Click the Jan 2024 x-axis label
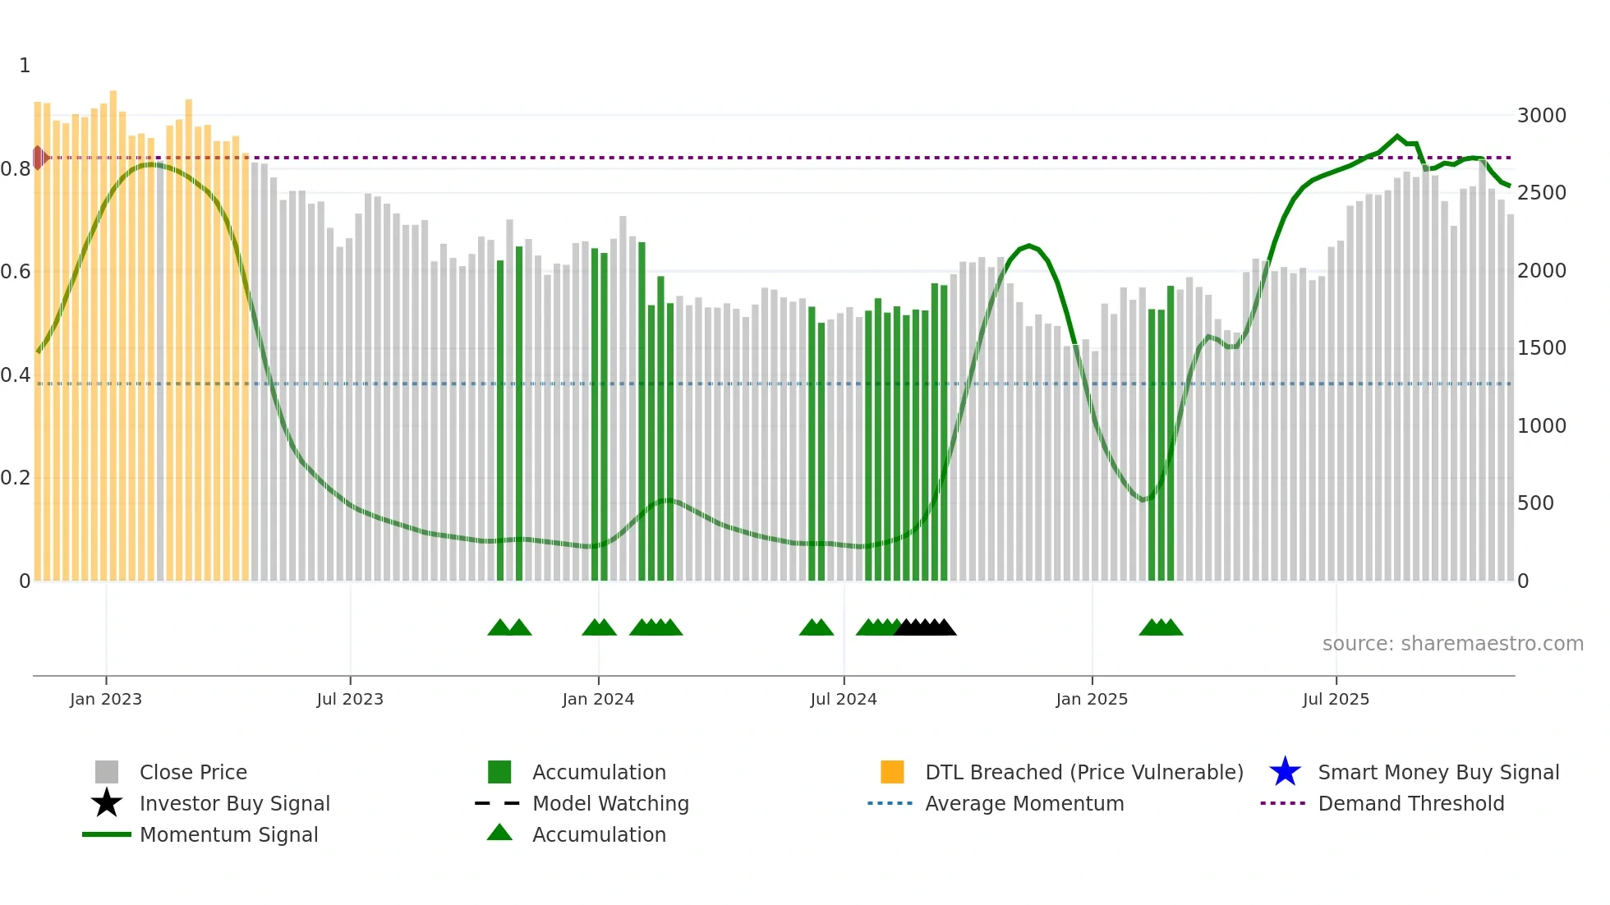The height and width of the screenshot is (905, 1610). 598,699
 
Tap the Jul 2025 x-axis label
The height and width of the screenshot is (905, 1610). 1336,699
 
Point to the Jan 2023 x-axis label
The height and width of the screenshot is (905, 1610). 106,699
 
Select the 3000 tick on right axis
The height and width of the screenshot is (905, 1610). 1541,116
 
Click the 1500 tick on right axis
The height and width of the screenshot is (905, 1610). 1541,348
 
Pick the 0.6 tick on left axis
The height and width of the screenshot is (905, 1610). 16,272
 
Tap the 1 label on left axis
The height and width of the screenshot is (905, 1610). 25,66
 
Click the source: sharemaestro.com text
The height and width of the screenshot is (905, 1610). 1452,644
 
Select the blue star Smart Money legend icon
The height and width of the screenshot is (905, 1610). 1285,772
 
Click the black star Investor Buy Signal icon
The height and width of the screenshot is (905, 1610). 107,803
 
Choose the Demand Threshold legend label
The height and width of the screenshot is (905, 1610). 1410,803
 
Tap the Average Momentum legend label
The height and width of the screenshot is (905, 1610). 1023,803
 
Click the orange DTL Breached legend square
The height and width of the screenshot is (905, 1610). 892,772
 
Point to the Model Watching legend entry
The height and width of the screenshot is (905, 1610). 609,803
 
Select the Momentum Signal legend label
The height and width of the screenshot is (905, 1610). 228,834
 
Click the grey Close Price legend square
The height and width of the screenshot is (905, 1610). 107,772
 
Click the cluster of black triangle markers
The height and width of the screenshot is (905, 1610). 925,627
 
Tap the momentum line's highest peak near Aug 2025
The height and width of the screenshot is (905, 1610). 1396,136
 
